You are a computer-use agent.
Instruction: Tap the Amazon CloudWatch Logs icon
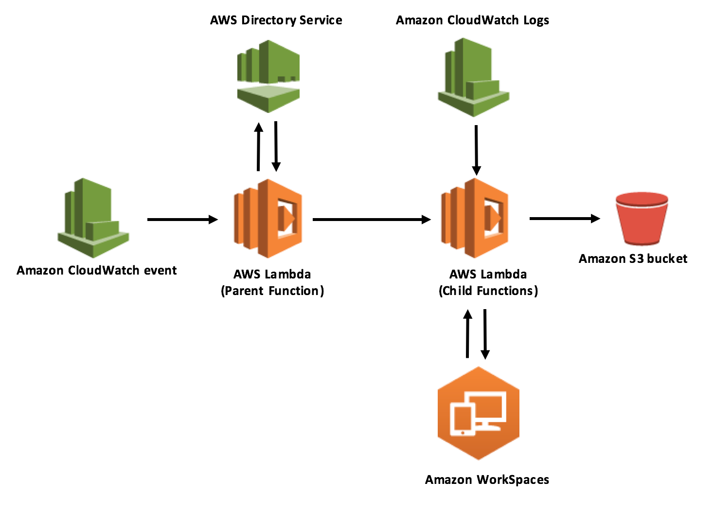click(x=473, y=78)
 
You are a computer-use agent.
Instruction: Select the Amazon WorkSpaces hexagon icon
click(x=479, y=413)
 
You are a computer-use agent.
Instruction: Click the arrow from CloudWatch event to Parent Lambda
click(x=182, y=220)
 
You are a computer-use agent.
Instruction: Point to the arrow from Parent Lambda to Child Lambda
click(x=372, y=220)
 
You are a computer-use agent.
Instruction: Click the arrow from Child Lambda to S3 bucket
click(x=564, y=219)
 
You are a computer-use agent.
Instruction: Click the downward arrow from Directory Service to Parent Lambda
click(x=276, y=146)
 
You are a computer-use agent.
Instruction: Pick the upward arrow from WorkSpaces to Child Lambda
click(x=468, y=334)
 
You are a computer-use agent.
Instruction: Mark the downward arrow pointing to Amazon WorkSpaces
click(x=485, y=334)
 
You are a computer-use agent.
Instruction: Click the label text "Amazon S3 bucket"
click(x=633, y=258)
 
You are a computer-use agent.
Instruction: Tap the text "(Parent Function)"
click(x=272, y=291)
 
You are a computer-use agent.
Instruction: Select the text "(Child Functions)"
click(x=488, y=291)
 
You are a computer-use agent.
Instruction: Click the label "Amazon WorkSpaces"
click(x=487, y=480)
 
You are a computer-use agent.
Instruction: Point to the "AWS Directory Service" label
click(x=276, y=20)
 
